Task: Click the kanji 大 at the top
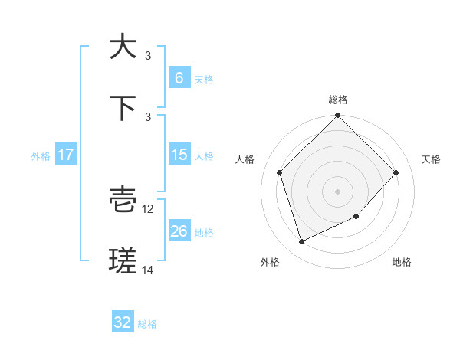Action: (123, 47)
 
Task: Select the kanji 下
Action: (123, 107)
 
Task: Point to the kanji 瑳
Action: (123, 262)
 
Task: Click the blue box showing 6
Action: (179, 77)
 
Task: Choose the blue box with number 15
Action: (179, 155)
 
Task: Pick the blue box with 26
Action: (179, 231)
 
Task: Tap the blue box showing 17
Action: (66, 155)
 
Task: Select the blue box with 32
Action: (123, 322)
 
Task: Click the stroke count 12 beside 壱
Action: (149, 208)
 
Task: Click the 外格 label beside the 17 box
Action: (41, 155)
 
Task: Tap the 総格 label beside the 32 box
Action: (147, 323)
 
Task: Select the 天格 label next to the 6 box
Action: (203, 78)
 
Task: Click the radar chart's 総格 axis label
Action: (338, 100)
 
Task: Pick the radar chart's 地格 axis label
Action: (402, 262)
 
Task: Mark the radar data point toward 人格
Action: (280, 172)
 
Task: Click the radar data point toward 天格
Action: (396, 172)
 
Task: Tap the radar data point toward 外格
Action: (302, 241)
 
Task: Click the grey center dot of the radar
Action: (338, 191)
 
